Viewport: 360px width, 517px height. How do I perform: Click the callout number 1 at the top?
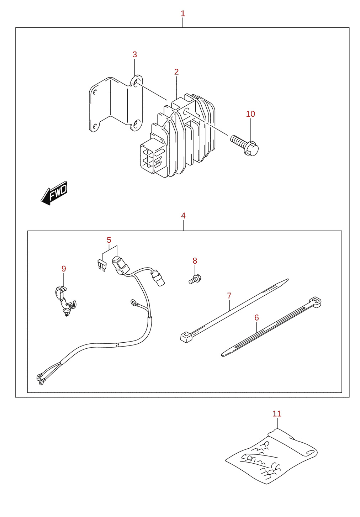(x=183, y=14)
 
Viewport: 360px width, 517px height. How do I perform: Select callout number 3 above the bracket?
(x=134, y=54)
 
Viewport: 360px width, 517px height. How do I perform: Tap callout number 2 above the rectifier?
(x=176, y=72)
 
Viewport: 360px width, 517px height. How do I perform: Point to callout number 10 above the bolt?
(x=250, y=114)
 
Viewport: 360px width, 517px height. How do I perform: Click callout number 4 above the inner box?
(x=183, y=216)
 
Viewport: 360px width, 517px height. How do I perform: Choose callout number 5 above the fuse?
(x=109, y=240)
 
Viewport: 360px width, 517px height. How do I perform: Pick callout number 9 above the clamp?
(x=64, y=269)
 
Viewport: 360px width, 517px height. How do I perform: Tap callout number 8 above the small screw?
(x=195, y=261)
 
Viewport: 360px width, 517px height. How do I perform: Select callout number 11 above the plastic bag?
(x=277, y=413)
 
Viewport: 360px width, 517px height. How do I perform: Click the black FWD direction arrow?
(x=54, y=193)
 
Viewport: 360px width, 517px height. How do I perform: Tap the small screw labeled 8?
(x=195, y=279)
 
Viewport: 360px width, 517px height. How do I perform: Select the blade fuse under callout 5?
(x=101, y=265)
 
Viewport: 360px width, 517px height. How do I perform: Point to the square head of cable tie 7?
(x=186, y=337)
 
